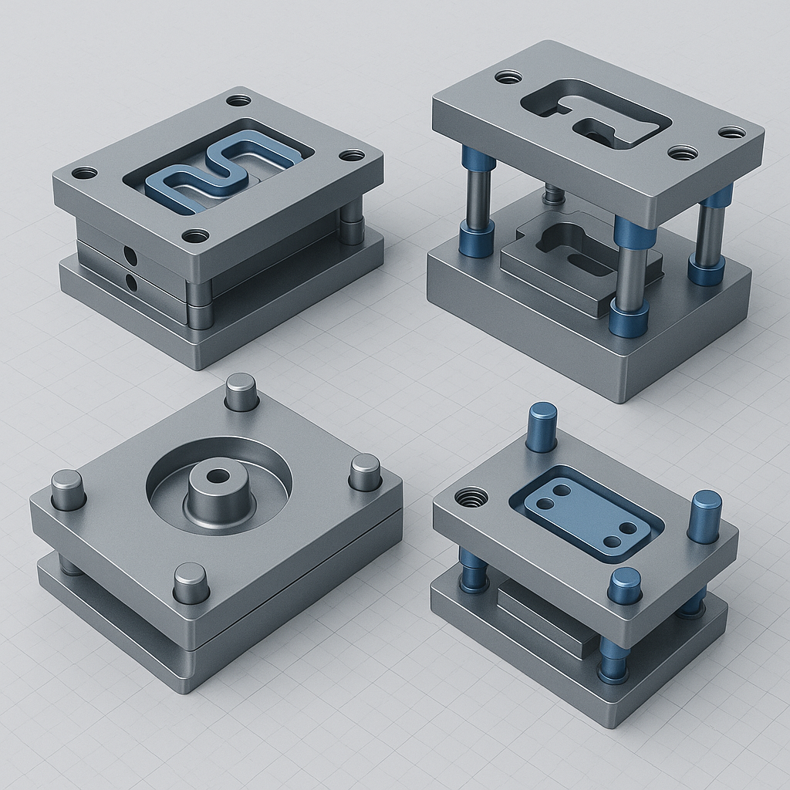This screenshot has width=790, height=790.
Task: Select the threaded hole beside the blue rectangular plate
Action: pos(471,498)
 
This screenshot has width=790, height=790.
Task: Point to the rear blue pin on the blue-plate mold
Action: pos(542,427)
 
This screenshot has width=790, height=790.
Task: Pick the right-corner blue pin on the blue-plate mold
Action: pos(704,515)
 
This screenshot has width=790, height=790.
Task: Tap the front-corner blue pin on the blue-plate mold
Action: pos(624,586)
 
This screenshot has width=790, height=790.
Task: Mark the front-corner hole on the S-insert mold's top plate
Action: pos(195,235)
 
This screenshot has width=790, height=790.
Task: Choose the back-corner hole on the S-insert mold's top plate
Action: pos(238,100)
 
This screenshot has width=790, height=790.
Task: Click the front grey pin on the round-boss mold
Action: pos(191,582)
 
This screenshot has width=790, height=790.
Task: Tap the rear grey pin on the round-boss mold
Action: pos(241,391)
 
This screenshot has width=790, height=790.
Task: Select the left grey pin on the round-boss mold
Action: pos(68,489)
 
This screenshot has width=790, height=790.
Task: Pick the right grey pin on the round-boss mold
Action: pos(365,472)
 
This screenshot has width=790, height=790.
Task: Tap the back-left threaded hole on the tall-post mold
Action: pos(508,77)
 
